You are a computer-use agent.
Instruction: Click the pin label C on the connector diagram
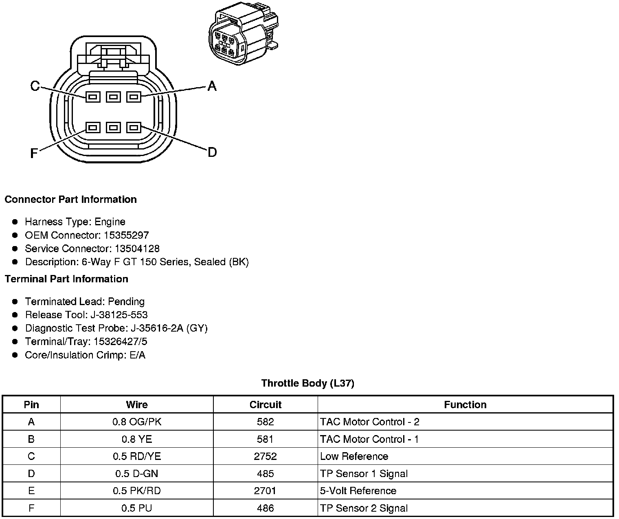[x=35, y=86]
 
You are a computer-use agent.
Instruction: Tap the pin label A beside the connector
[x=212, y=86]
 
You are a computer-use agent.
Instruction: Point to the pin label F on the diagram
[x=34, y=153]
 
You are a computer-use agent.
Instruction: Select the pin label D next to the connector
[x=212, y=152]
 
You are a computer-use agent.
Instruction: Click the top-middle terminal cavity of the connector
[x=113, y=97]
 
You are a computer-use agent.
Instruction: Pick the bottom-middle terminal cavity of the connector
[x=113, y=128]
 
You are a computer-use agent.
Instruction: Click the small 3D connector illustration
[x=244, y=33]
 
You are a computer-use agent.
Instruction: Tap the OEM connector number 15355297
[x=126, y=235]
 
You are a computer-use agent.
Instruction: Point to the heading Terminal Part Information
[x=66, y=279]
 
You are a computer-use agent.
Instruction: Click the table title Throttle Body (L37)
[x=307, y=383]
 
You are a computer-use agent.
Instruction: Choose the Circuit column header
[x=265, y=405]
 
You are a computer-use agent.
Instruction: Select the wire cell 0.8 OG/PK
[x=137, y=422]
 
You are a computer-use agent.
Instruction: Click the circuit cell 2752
[x=265, y=456]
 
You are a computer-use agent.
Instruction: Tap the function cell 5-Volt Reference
[x=358, y=490]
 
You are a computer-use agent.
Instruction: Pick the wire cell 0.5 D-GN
[x=137, y=473]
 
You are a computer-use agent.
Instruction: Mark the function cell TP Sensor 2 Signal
[x=364, y=508]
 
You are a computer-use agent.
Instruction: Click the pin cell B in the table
[x=31, y=439]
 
